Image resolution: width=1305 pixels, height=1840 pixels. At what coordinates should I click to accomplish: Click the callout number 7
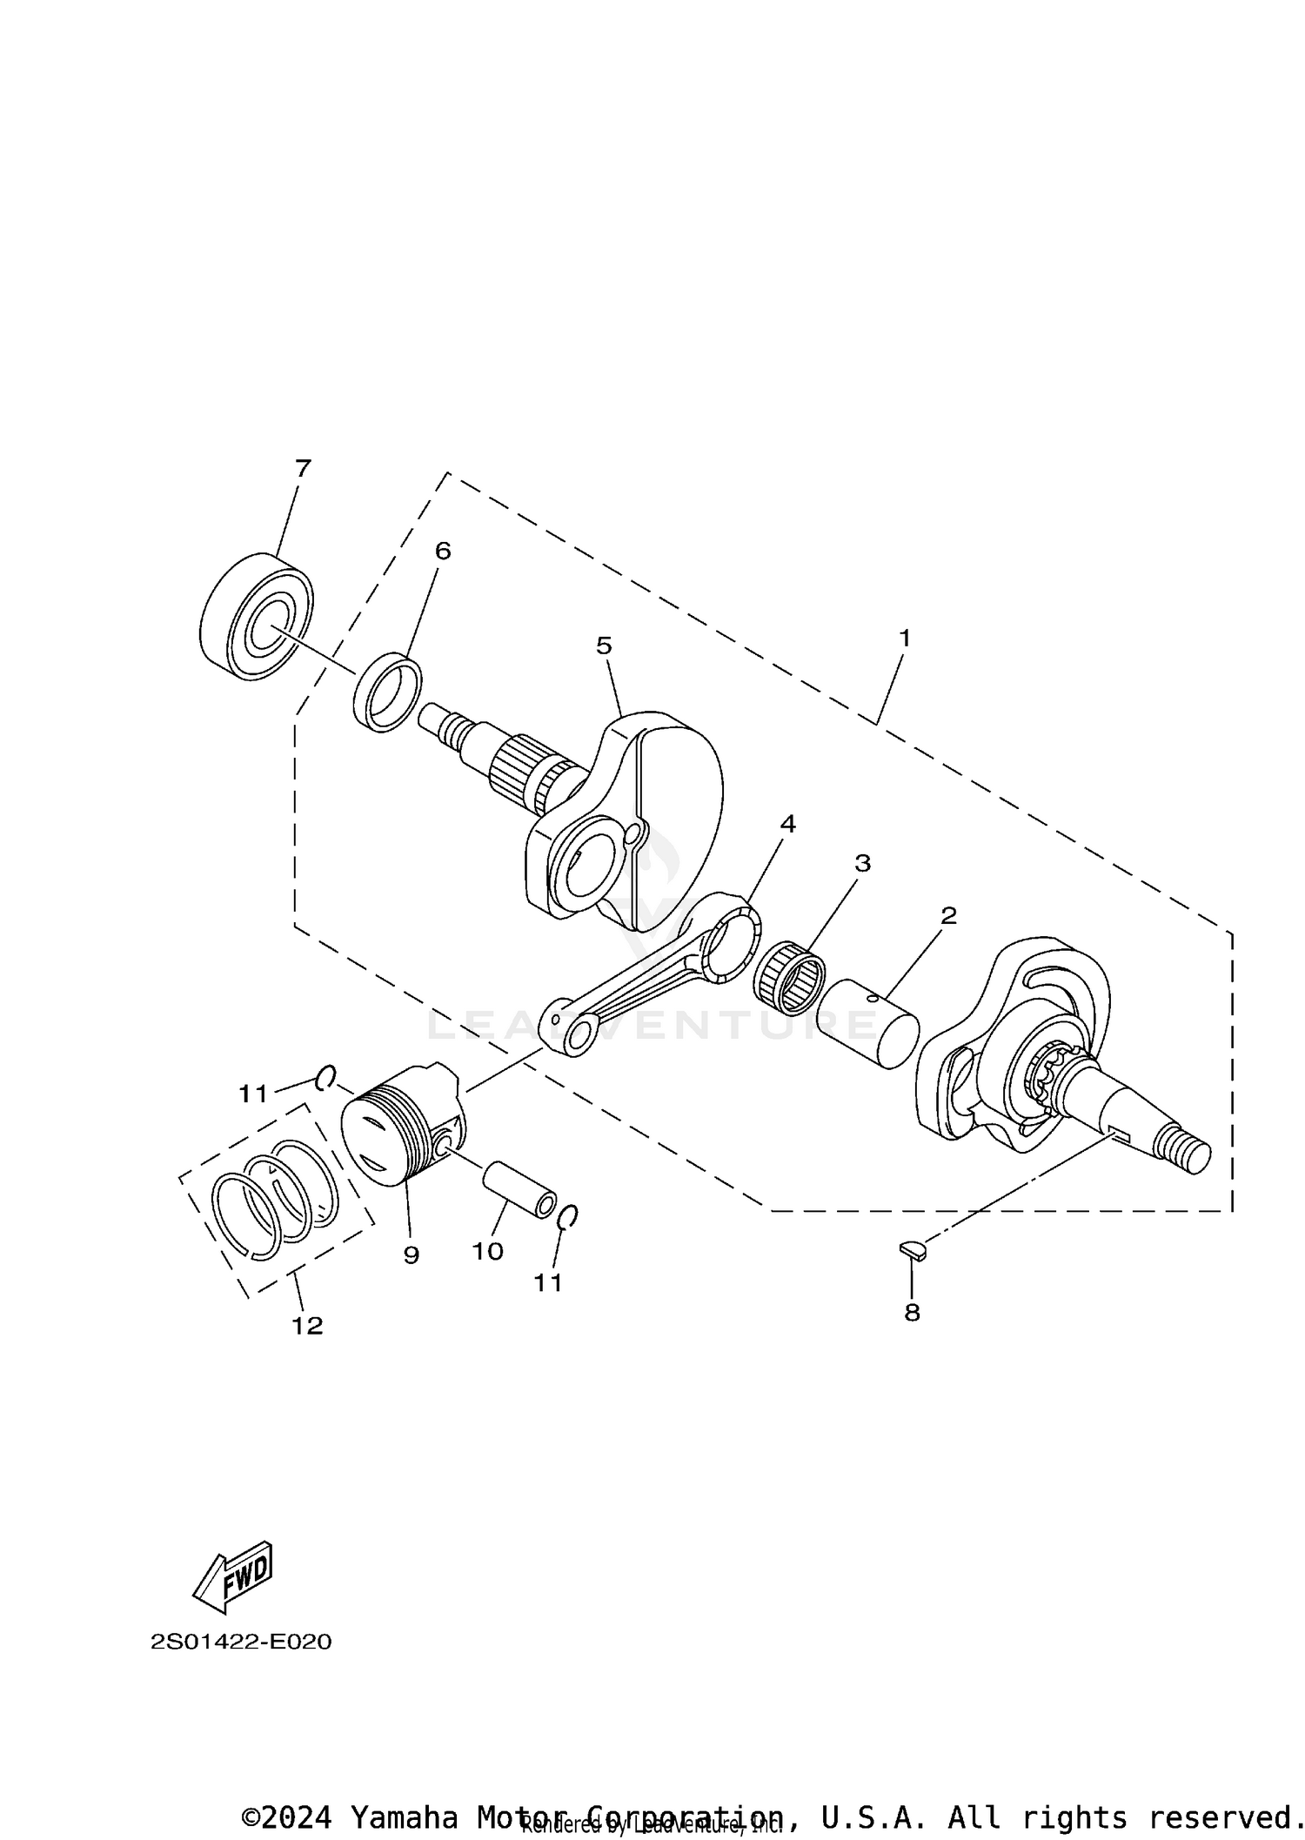tap(303, 469)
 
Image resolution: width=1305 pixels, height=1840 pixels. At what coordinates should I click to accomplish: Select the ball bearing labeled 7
tap(256, 615)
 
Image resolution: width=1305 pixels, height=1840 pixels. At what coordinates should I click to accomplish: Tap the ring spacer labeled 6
tap(388, 693)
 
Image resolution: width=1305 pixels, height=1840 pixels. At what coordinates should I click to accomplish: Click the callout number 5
tap(604, 646)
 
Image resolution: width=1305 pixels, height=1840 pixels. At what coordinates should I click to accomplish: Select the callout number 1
tap(905, 638)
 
